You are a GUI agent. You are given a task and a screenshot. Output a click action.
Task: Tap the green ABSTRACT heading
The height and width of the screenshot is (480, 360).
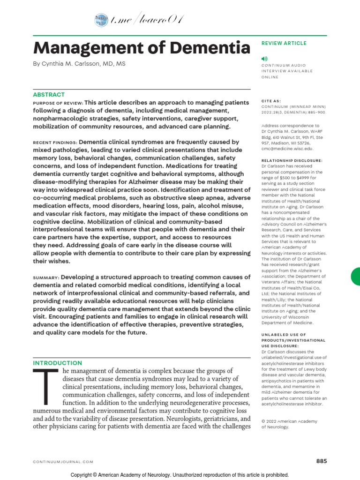49,95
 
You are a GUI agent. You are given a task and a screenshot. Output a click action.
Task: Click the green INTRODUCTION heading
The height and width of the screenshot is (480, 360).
57,363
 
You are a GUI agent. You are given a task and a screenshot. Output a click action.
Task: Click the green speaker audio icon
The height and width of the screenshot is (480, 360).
264,59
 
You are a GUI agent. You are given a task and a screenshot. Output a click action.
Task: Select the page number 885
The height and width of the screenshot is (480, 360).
321,461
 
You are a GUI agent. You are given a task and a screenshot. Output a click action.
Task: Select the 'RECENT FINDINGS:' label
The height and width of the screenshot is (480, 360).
55,142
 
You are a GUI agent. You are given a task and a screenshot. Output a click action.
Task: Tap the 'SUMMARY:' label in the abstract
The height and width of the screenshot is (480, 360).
46,277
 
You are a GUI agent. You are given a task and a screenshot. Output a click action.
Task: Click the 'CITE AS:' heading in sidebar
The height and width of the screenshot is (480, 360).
271,100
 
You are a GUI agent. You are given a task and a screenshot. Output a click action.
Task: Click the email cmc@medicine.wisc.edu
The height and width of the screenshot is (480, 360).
287,148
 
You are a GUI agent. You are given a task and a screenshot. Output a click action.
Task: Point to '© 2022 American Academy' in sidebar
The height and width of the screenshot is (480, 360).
289,421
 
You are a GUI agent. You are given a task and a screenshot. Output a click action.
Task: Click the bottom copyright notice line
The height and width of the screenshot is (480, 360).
180,475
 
